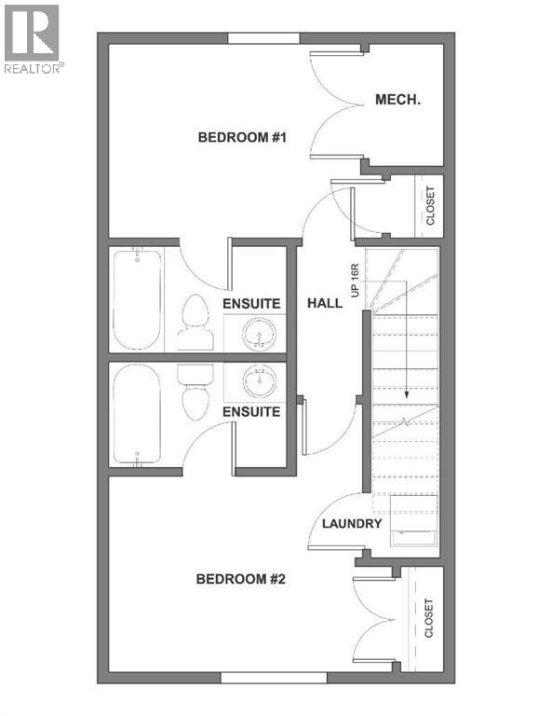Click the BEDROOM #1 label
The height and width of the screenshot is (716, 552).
pos(241,138)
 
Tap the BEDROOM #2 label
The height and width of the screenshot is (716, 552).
pos(240,579)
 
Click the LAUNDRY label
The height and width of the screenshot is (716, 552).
pos(352,524)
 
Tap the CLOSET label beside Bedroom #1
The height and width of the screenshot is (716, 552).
pos(430,207)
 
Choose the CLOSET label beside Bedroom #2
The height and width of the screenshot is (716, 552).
pos(429,618)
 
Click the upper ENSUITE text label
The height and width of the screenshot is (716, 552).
pos(251,303)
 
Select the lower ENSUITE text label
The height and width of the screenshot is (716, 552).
pos(251,411)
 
